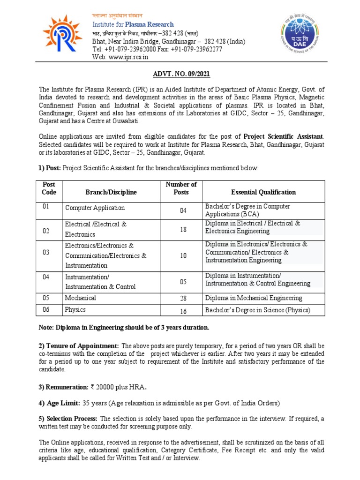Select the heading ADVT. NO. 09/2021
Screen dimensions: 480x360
(181, 74)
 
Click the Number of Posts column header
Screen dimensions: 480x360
(181, 188)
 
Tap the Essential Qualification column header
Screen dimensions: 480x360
(263, 192)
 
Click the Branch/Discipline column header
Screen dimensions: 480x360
(111, 192)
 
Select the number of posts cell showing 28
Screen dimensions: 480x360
(183, 299)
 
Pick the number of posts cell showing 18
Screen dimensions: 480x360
(183, 229)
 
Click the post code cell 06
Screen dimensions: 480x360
(46, 309)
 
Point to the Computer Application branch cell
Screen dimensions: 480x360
(95, 208)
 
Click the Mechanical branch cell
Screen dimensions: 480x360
(81, 298)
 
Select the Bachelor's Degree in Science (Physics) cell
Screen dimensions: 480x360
(258, 310)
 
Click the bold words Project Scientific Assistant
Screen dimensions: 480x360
(283, 123)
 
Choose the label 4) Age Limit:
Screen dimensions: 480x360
(60, 403)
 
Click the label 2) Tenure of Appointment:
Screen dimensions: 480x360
(79, 346)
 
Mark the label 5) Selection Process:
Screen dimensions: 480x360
(68, 418)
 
